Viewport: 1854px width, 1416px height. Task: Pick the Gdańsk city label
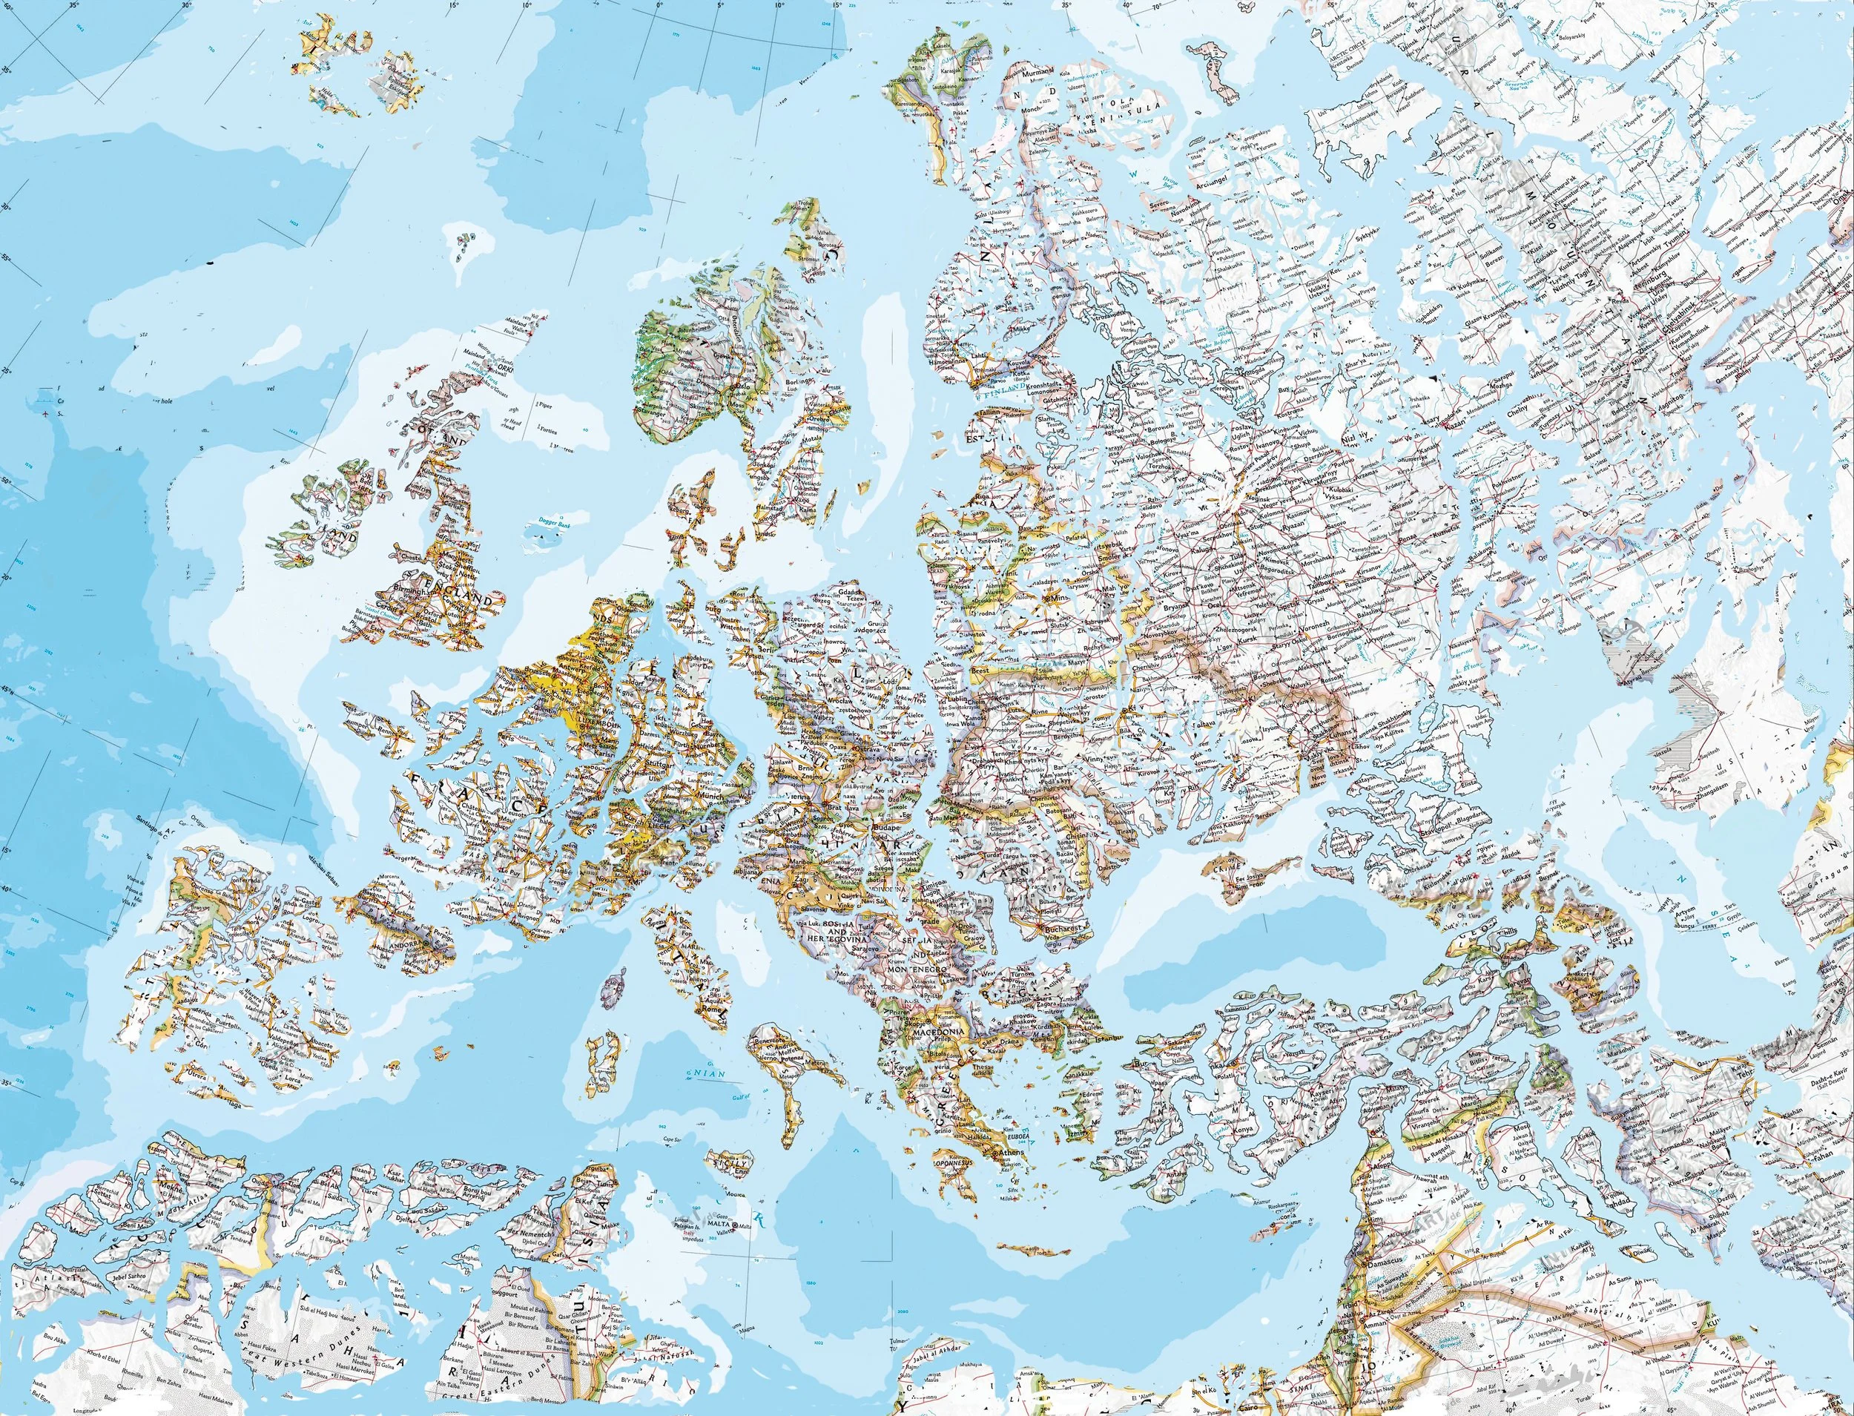coord(853,593)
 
